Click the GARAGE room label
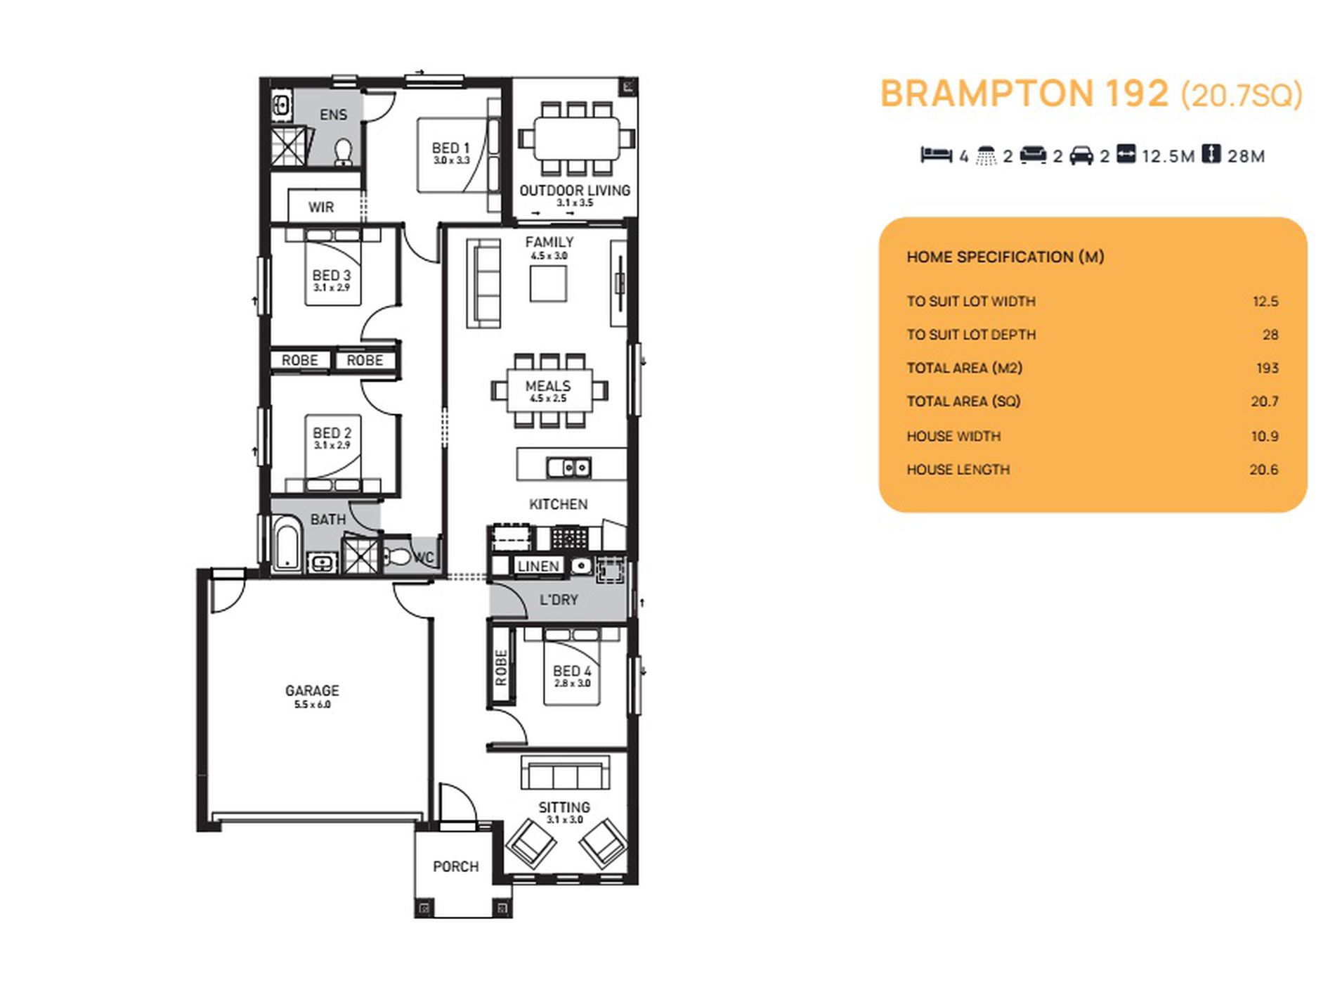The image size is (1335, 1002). pos(312,691)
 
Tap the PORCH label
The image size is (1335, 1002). pos(456,866)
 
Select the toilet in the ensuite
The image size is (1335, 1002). pos(344,153)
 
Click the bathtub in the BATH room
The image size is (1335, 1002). pos(287,544)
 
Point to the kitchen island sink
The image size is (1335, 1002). pos(569,467)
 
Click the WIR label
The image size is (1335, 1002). pos(321,207)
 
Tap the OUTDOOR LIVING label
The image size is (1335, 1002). pos(575,191)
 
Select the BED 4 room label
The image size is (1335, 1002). pos(572,671)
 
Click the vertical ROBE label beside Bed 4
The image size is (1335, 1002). pos(501,668)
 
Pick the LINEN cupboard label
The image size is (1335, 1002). pos(538,566)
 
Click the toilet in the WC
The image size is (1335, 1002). pos(397,557)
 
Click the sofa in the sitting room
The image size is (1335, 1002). pos(564,773)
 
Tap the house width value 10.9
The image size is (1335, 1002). pos(1264,436)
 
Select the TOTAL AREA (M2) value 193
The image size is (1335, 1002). pos(1267,368)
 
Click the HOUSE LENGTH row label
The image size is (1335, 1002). pos(958,470)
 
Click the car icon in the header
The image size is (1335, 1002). pos(1081,155)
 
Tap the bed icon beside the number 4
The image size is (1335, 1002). pos(936,155)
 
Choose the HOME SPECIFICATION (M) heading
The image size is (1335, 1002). pos(1005,257)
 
